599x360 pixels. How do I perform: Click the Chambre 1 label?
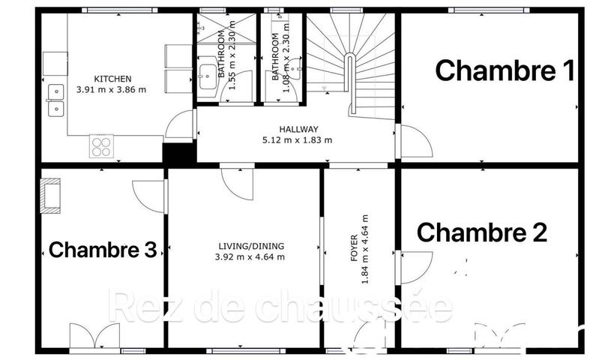click(505, 71)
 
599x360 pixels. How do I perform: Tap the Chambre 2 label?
click(481, 232)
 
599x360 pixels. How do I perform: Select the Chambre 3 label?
click(103, 250)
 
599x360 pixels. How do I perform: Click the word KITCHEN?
click(112, 79)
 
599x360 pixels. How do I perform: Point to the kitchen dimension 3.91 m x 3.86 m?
click(112, 89)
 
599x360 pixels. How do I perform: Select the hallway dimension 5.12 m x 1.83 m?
click(298, 139)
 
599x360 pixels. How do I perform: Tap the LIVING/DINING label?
click(245, 247)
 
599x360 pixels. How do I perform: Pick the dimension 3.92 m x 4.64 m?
click(245, 257)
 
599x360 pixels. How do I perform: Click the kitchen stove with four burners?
click(101, 145)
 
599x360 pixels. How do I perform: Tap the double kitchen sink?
click(55, 100)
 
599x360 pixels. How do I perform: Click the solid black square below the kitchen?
click(178, 153)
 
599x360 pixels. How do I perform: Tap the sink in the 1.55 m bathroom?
click(206, 75)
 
